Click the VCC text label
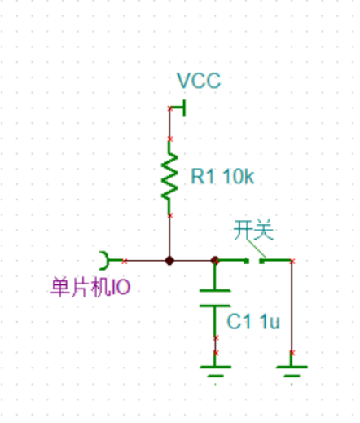pyautogui.click(x=199, y=81)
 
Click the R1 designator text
pyautogui.click(x=202, y=176)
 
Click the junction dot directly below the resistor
pyautogui.click(x=169, y=261)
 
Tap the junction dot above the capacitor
pyautogui.click(x=215, y=261)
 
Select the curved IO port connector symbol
pyautogui.click(x=105, y=261)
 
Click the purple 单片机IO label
pyautogui.click(x=90, y=287)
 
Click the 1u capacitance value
pyautogui.click(x=269, y=322)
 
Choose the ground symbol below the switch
pyautogui.click(x=292, y=371)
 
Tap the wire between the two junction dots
pyautogui.click(x=192, y=261)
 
